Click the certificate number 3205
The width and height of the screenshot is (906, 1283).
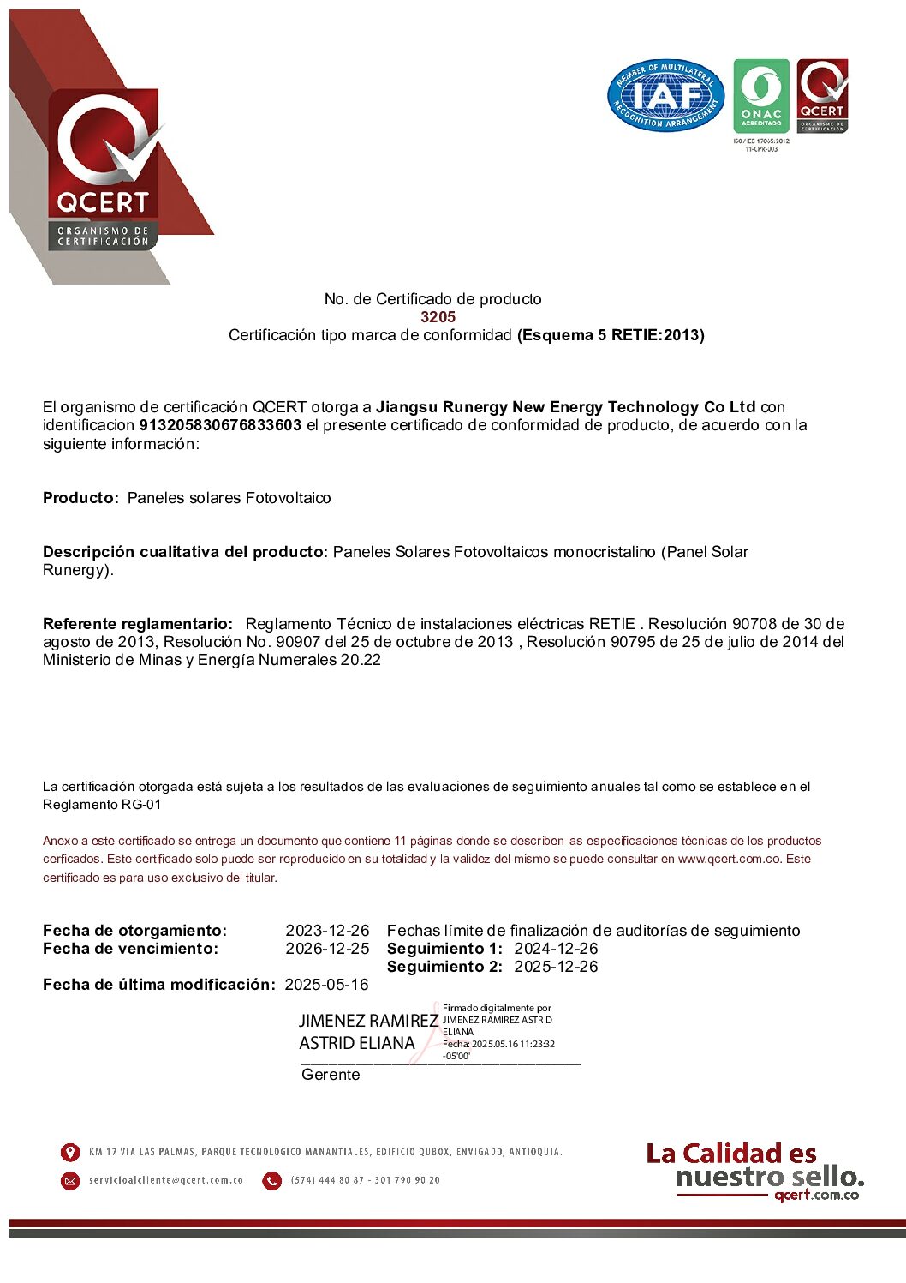(x=438, y=317)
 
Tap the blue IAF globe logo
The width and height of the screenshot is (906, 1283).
(x=665, y=96)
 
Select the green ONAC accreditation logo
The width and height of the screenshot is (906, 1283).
(x=761, y=96)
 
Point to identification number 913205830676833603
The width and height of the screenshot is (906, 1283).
(x=220, y=425)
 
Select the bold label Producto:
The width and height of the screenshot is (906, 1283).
(x=80, y=498)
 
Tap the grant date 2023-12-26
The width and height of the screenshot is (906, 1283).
(x=327, y=931)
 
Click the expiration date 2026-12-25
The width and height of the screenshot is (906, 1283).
(x=327, y=949)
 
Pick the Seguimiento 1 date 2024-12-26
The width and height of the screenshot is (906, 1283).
(x=556, y=949)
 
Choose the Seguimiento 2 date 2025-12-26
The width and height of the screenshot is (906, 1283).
(x=556, y=967)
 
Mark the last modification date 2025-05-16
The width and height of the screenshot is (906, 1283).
(x=326, y=985)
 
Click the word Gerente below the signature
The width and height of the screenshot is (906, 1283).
(x=331, y=1075)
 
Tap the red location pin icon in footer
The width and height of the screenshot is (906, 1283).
(x=70, y=1152)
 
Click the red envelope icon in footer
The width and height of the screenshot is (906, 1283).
(x=70, y=1181)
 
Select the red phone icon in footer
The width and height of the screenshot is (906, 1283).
(x=271, y=1181)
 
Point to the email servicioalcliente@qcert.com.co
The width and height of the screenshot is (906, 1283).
(x=166, y=1180)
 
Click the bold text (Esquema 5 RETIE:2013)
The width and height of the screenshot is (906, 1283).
(x=611, y=335)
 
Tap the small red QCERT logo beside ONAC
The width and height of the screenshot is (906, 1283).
(x=822, y=96)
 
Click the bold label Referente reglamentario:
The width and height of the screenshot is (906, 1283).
(x=138, y=624)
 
